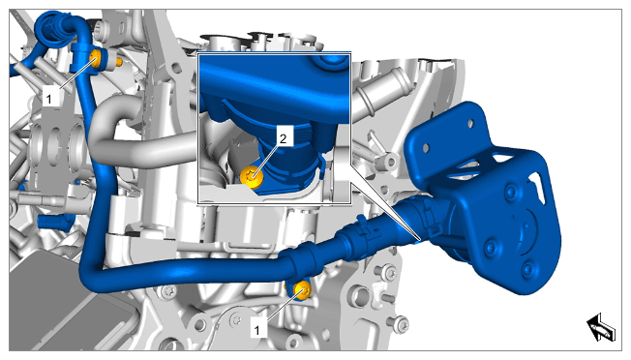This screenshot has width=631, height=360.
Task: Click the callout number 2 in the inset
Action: click(x=283, y=138)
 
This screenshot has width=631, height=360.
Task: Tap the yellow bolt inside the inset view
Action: click(x=252, y=177)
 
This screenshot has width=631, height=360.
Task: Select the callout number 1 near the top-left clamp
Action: click(x=49, y=99)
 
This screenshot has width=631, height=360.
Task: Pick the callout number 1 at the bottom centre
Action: click(x=257, y=330)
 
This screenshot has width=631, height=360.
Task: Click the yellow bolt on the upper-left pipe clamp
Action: click(x=96, y=59)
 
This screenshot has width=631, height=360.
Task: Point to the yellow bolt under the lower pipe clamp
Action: click(x=301, y=290)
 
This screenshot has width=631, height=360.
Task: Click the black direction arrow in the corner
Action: click(x=601, y=327)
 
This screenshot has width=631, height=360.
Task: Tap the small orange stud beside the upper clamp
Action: click(x=119, y=62)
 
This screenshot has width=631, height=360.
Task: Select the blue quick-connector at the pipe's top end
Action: click(x=52, y=29)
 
